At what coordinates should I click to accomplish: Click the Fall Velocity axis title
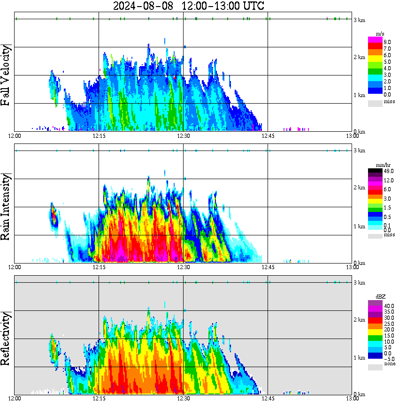tap(7, 75)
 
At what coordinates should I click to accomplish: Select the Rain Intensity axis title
tap(7, 206)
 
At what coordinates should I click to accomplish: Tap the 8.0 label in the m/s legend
tap(387, 42)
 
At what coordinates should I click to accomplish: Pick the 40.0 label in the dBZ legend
tap(388, 306)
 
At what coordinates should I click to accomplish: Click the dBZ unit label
tap(381, 297)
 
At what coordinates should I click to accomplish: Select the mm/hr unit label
tap(384, 165)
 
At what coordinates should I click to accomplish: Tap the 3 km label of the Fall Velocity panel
tap(359, 19)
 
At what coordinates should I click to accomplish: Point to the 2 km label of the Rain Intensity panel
tap(359, 188)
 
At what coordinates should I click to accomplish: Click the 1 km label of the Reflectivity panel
tap(359, 358)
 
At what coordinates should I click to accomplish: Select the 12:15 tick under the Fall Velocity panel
tap(99, 136)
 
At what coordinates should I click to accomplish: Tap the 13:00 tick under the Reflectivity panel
tap(352, 399)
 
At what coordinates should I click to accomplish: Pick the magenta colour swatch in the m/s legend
tap(375, 39)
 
